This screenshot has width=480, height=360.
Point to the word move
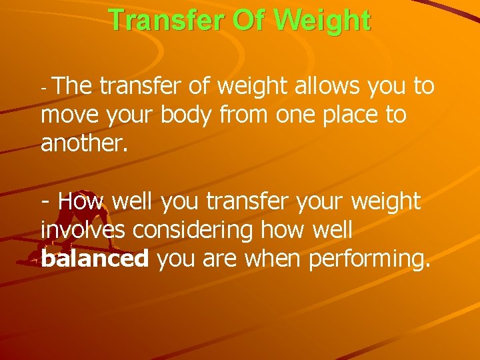(x=70, y=115)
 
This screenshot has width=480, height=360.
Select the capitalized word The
(x=74, y=86)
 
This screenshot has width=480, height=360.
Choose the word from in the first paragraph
(x=253, y=115)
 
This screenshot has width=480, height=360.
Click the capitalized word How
(x=83, y=201)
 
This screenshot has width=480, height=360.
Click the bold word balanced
(x=94, y=259)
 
